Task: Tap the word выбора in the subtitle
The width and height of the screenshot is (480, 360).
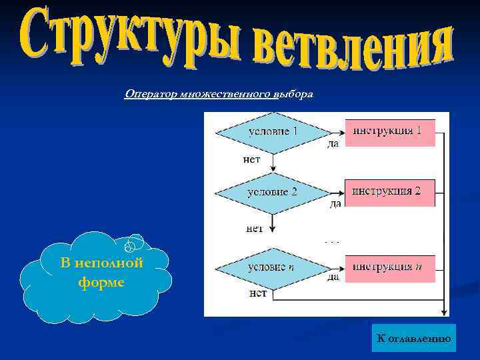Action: (292, 94)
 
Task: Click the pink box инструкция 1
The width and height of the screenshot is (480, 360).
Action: (389, 132)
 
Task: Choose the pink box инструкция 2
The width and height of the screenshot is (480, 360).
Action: (389, 193)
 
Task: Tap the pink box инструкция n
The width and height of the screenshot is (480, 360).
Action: (389, 268)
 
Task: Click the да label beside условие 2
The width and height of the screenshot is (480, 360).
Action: (335, 204)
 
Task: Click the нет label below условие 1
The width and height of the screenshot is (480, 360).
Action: (252, 159)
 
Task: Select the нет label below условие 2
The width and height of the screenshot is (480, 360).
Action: (255, 228)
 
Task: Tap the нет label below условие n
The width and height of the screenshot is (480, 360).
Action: (258, 293)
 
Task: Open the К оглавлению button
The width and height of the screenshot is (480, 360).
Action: (413, 339)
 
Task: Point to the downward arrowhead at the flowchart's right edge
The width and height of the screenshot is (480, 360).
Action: (443, 309)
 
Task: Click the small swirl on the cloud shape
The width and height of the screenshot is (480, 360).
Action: (134, 245)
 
